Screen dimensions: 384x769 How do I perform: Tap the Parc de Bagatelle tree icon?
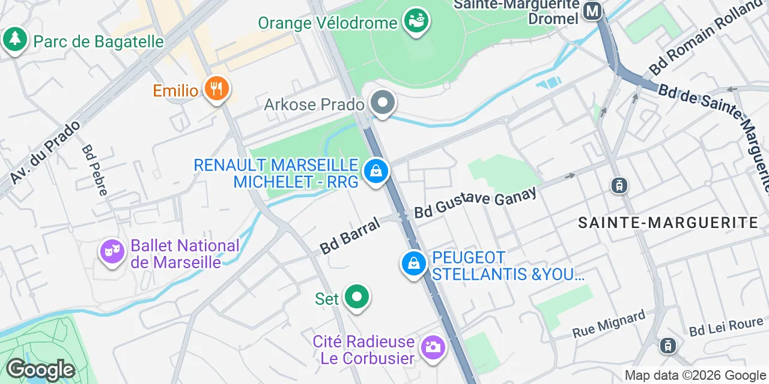(15, 40)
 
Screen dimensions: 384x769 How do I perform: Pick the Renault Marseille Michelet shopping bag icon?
(376, 172)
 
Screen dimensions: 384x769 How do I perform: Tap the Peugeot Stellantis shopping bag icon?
(413, 263)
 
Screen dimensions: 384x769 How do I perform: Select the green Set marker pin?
(357, 298)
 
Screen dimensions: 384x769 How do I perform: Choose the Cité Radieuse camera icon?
(432, 347)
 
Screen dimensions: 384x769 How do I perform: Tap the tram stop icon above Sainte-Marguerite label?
(618, 185)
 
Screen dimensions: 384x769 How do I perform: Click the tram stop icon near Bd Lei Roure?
(667, 345)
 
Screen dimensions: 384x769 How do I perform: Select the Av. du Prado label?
(45, 152)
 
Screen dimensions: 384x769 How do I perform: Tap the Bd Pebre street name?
(95, 170)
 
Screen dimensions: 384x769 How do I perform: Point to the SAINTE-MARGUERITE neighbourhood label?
(667, 223)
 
